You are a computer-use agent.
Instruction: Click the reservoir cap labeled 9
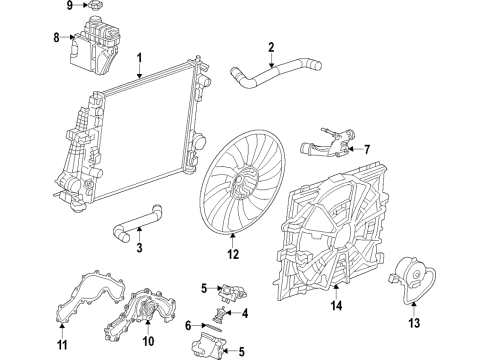point(97,9)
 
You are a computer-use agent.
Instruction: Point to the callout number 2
point(270,45)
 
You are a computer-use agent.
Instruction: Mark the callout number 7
point(366,150)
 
